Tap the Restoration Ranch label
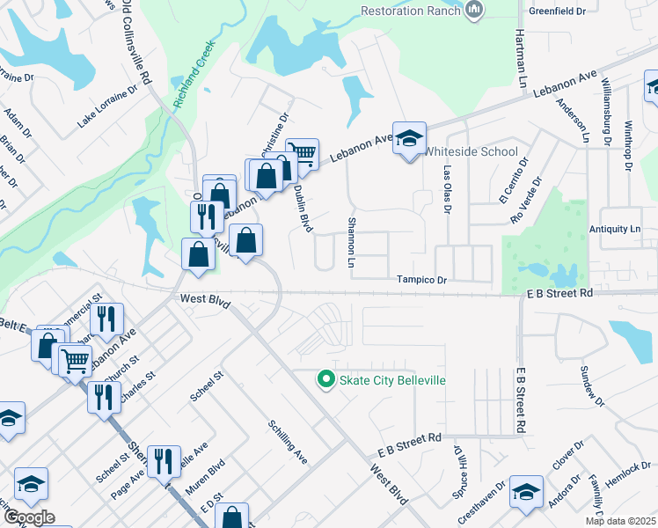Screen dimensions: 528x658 [x=410, y=11]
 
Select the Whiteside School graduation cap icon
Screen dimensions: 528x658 [x=409, y=138]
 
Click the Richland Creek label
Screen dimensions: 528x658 [x=194, y=84]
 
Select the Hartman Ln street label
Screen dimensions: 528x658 [x=521, y=48]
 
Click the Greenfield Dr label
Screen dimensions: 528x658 [x=557, y=11]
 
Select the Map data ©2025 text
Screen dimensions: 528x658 [x=621, y=521]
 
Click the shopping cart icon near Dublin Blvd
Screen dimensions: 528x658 [x=303, y=154]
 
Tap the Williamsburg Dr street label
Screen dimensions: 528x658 [x=606, y=115]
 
